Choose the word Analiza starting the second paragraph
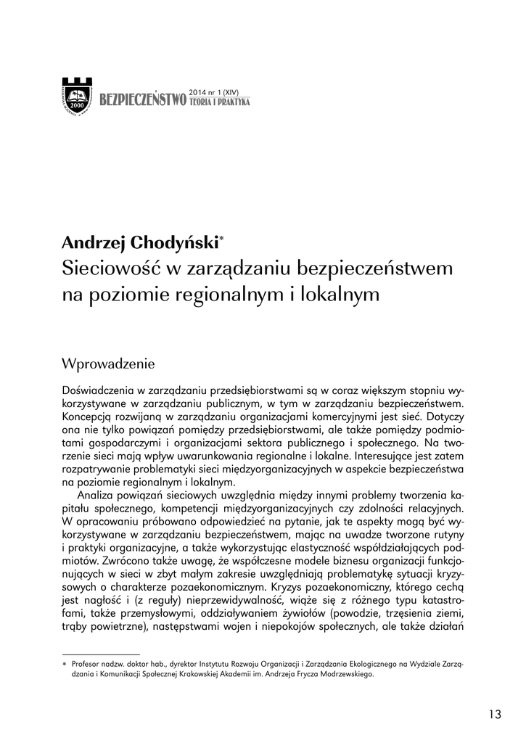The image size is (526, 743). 101,496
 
